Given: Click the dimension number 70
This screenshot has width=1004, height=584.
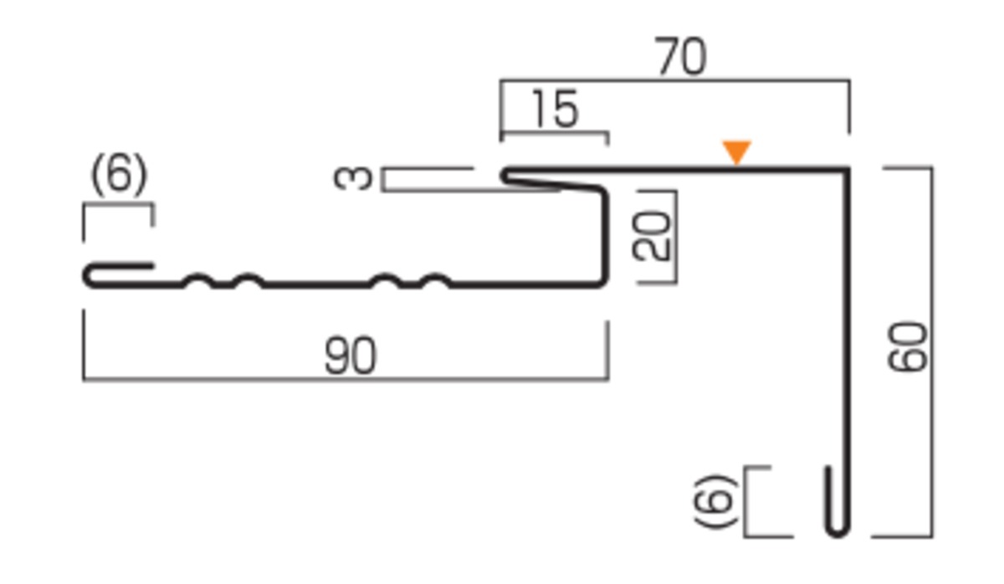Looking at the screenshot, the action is pyautogui.click(x=680, y=56).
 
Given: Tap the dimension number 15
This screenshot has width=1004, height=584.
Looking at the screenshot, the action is pyautogui.click(x=556, y=109).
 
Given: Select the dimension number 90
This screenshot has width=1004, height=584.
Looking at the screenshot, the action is pyautogui.click(x=350, y=356).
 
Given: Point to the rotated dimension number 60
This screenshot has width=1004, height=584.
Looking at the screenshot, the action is pyautogui.click(x=907, y=346).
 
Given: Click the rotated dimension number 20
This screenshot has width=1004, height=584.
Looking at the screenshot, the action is pyautogui.click(x=651, y=236).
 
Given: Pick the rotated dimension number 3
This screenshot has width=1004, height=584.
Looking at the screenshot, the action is pyautogui.click(x=353, y=178).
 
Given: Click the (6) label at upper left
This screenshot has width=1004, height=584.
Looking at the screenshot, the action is pyautogui.click(x=119, y=175).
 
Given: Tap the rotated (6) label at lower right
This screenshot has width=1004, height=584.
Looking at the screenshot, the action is pyautogui.click(x=715, y=501).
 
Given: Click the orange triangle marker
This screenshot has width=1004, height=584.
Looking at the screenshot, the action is pyautogui.click(x=736, y=151).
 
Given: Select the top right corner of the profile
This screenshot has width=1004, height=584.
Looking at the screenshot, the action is pyautogui.click(x=848, y=168).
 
